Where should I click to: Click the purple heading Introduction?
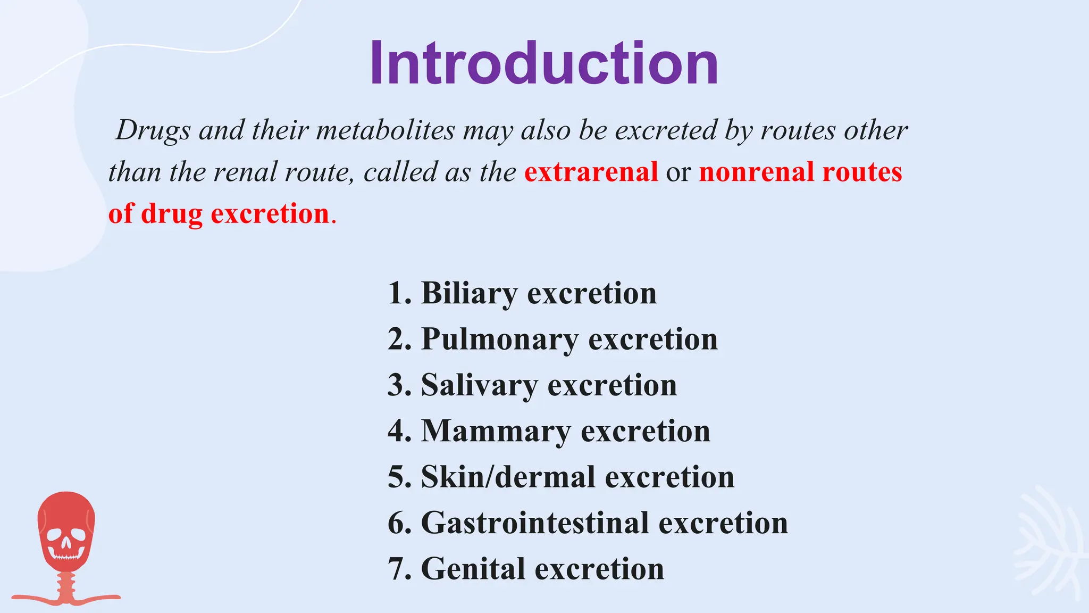click(544, 63)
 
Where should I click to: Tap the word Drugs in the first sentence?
click(153, 130)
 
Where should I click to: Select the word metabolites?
click(386, 130)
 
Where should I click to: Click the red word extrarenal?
click(591, 172)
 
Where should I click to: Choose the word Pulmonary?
click(500, 339)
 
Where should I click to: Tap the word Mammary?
click(496, 431)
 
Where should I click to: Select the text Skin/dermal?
click(508, 477)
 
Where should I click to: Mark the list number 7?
click(397, 569)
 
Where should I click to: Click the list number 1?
click(397, 293)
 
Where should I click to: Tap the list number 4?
click(397, 431)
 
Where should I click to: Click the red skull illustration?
click(66, 537)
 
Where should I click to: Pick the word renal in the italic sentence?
click(245, 172)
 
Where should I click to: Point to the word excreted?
click(666, 130)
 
